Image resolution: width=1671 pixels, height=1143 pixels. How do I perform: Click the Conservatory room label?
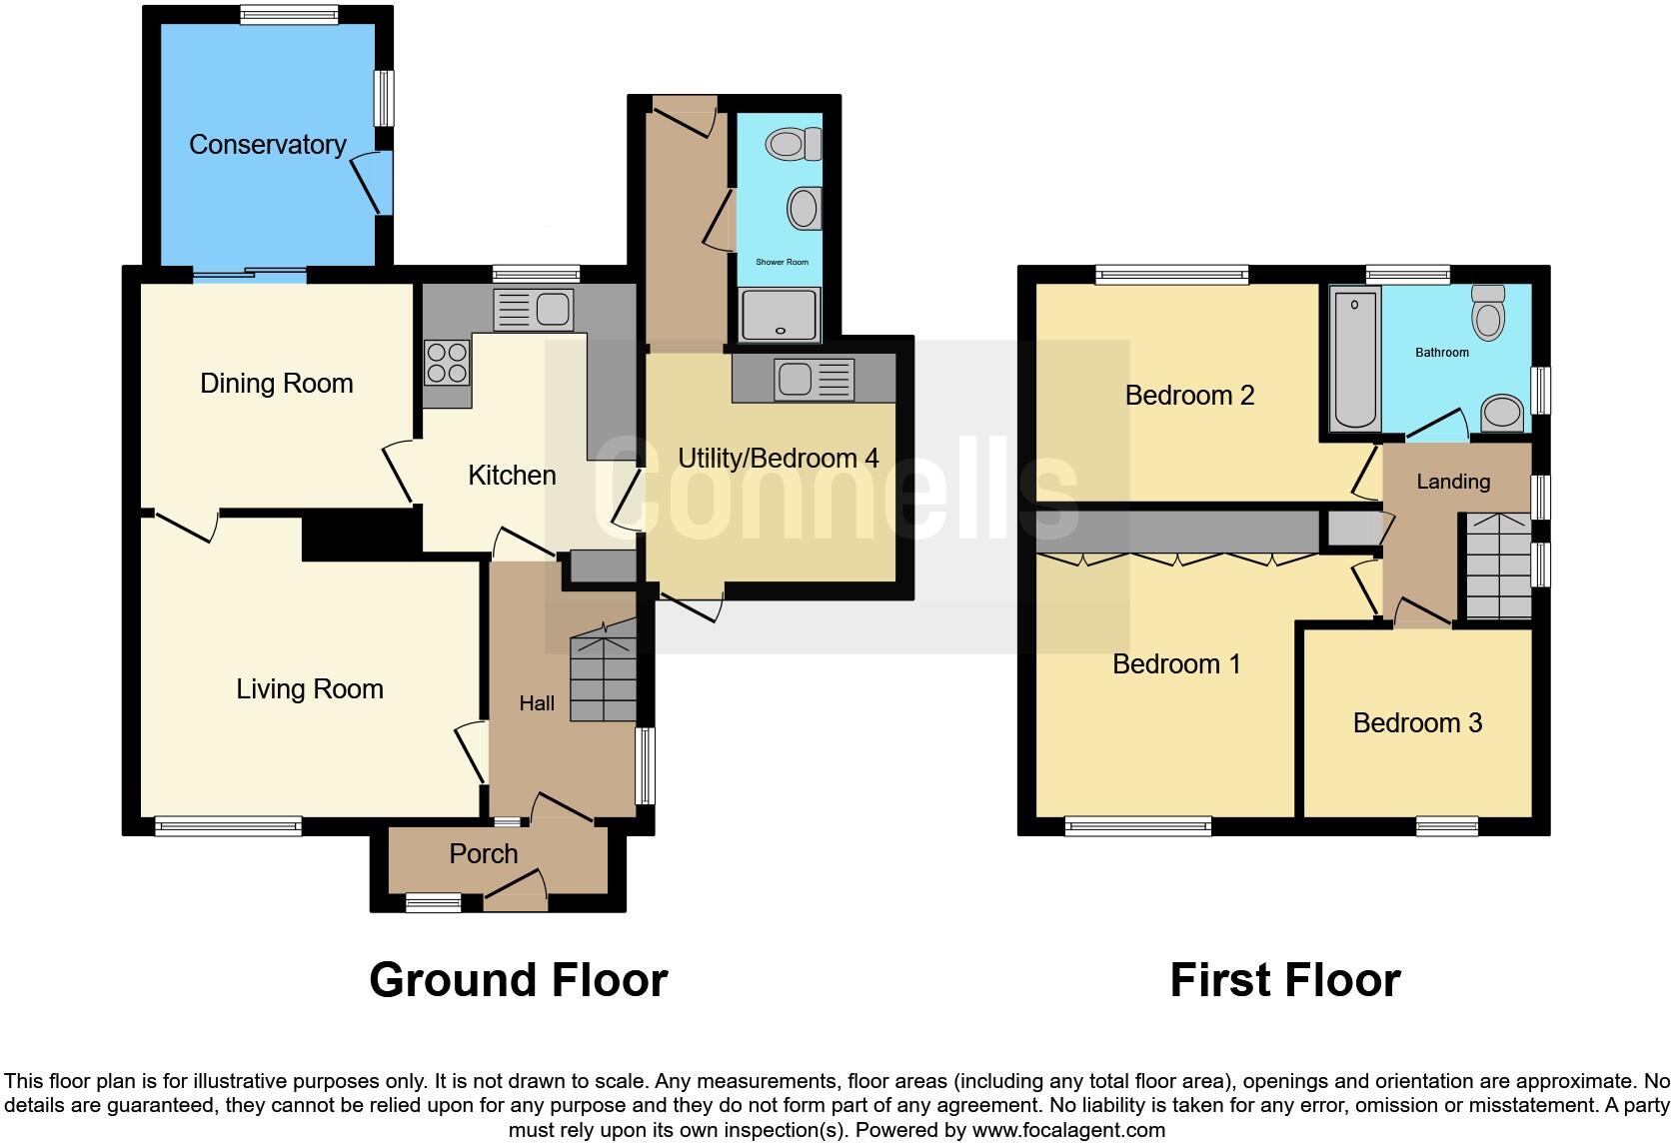point(267,145)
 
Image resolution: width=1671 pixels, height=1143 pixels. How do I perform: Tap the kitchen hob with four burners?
point(447,363)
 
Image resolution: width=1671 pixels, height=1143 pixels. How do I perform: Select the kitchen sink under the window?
point(534,310)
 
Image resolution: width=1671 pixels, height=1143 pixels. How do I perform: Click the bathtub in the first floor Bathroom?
point(1355,357)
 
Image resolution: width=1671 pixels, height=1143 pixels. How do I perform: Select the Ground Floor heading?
point(518,980)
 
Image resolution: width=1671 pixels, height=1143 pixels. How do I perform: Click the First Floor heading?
point(1284,980)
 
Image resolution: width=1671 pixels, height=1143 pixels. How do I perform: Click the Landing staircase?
point(1497,567)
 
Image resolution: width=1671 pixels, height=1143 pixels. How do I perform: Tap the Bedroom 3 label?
point(1417,723)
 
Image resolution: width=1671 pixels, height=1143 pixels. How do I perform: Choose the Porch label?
point(484,854)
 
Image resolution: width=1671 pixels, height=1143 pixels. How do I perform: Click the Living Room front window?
point(228,825)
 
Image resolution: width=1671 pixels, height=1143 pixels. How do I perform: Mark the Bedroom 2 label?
point(1189,396)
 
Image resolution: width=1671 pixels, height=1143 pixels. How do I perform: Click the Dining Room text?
point(277,384)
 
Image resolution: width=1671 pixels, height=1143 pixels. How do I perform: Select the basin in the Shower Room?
point(802,210)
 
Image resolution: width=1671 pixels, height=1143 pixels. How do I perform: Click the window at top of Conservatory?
point(289,14)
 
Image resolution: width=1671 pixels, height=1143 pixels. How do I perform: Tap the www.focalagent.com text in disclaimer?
point(1067,1130)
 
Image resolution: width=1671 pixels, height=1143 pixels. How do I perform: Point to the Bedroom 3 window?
point(1446,825)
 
